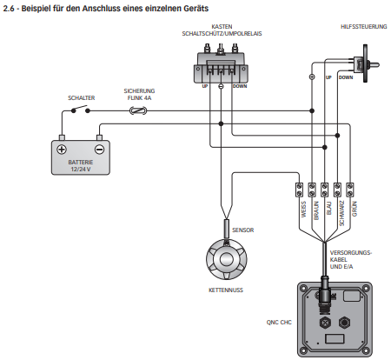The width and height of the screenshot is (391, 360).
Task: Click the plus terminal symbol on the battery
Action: click(x=62, y=150)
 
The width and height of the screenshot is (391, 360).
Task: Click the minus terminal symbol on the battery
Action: click(x=99, y=150)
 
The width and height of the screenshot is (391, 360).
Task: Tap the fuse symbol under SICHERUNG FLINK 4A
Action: click(x=138, y=110)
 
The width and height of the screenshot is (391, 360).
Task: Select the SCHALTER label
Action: click(x=82, y=98)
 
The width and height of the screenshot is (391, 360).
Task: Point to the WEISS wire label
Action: click(x=303, y=210)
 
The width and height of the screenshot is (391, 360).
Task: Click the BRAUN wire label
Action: click(x=316, y=210)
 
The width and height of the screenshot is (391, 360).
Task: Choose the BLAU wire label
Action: click(x=328, y=208)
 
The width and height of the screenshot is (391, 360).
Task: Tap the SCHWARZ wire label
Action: click(x=341, y=213)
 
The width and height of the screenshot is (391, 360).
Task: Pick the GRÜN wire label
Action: click(x=355, y=209)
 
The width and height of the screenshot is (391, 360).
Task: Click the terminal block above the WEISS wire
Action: click(x=299, y=190)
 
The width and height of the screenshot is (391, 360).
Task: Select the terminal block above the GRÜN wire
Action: click(x=350, y=190)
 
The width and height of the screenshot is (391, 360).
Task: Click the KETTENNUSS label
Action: click(x=226, y=290)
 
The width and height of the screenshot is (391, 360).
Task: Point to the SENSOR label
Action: click(x=243, y=230)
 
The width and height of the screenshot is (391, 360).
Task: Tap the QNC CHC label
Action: click(x=279, y=322)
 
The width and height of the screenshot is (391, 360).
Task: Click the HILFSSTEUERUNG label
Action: click(x=364, y=27)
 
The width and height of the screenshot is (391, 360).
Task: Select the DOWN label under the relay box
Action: click(x=240, y=86)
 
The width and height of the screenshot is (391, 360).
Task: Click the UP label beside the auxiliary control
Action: click(x=328, y=77)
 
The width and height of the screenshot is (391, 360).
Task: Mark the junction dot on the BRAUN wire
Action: click(x=312, y=110)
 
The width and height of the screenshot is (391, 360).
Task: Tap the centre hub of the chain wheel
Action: click(x=227, y=259)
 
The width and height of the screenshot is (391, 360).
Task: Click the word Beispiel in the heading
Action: click(x=36, y=9)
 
